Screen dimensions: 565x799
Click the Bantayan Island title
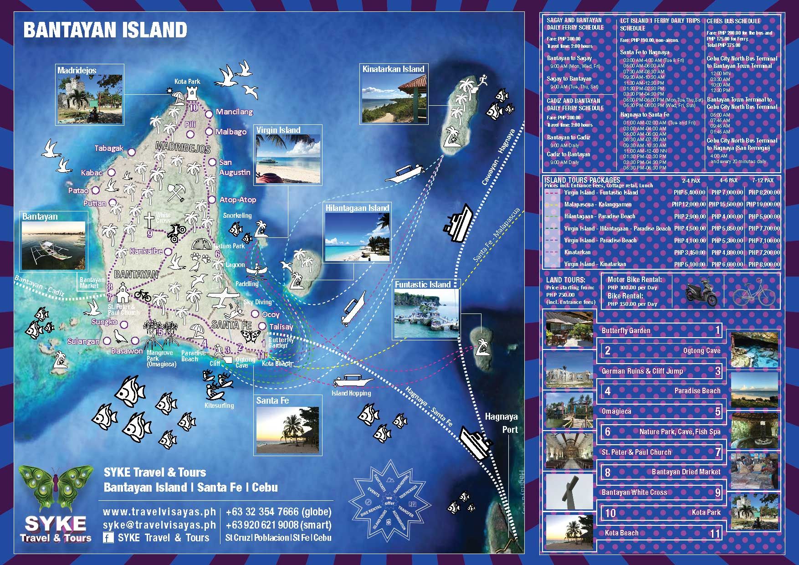pos(105,31)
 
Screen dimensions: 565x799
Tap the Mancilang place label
pos(234,112)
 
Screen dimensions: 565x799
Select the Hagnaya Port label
pos(501,423)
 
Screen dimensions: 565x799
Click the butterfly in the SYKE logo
pos(56,488)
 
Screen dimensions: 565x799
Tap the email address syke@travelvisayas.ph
pos(159,525)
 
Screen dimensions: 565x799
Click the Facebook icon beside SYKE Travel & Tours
pos(108,538)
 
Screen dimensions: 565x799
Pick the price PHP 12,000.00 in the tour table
pos(689,205)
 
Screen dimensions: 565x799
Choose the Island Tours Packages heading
pos(582,180)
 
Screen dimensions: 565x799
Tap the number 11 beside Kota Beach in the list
pos(715,534)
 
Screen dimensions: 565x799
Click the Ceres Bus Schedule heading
pos(733,21)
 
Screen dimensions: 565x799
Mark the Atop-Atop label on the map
pos(237,200)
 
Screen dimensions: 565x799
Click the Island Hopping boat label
pos(351,393)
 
